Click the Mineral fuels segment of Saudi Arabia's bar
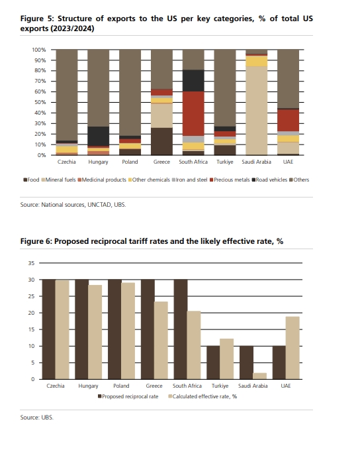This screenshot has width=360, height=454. point(257,110)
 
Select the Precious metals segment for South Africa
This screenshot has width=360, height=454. point(193,113)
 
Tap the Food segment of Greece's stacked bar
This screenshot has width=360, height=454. point(161,141)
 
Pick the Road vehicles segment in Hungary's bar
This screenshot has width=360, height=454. point(99,136)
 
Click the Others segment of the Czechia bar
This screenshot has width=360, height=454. point(67,95)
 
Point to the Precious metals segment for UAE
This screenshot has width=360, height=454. point(288,120)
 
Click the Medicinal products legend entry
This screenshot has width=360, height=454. point(102,180)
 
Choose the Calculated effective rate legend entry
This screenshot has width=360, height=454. point(202,396)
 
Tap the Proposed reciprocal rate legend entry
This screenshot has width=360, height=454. point(128,396)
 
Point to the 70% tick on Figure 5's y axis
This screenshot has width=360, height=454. point(40,81)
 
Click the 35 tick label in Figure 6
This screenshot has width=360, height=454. point(31,263)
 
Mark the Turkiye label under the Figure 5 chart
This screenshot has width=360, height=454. point(225,162)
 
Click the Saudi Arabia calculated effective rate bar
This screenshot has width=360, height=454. point(259,376)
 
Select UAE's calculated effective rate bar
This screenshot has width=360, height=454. point(292,348)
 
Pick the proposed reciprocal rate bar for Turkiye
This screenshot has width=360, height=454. point(213,363)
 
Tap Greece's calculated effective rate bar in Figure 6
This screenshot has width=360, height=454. point(161,341)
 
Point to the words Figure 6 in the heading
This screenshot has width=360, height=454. point(36,241)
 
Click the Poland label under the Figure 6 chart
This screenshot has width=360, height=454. point(121,386)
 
